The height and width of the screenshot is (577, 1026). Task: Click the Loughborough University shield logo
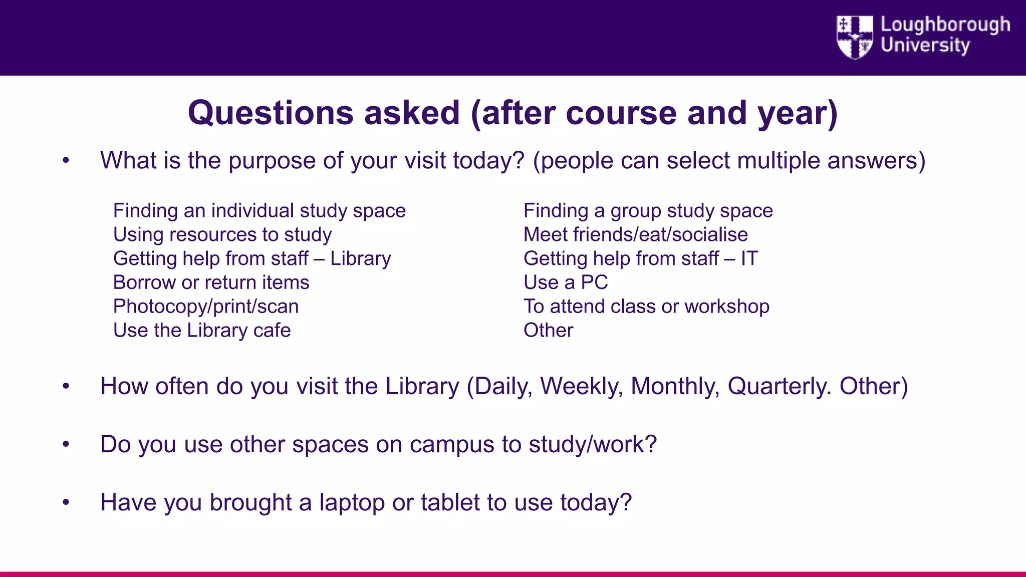(x=855, y=37)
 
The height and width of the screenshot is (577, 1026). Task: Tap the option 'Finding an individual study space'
(x=260, y=211)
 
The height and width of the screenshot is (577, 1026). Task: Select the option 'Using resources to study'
(x=222, y=235)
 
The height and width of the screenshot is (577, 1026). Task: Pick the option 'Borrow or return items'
(x=211, y=282)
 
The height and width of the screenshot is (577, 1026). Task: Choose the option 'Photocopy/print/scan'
(x=206, y=307)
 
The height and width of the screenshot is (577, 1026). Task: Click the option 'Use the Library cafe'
(x=202, y=331)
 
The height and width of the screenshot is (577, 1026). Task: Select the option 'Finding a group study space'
(x=648, y=211)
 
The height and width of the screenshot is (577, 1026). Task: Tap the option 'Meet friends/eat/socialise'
(x=635, y=235)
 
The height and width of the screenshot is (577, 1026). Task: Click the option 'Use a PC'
(x=566, y=282)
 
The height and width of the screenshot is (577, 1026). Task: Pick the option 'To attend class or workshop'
(x=646, y=307)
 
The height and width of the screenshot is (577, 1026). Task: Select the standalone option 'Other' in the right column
(x=548, y=331)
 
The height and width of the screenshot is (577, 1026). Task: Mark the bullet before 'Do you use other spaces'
(x=66, y=444)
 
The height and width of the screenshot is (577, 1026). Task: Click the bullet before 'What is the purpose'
(x=66, y=161)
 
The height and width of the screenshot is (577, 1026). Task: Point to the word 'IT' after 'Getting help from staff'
(x=749, y=259)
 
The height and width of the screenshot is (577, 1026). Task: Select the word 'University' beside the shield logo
(x=925, y=46)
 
